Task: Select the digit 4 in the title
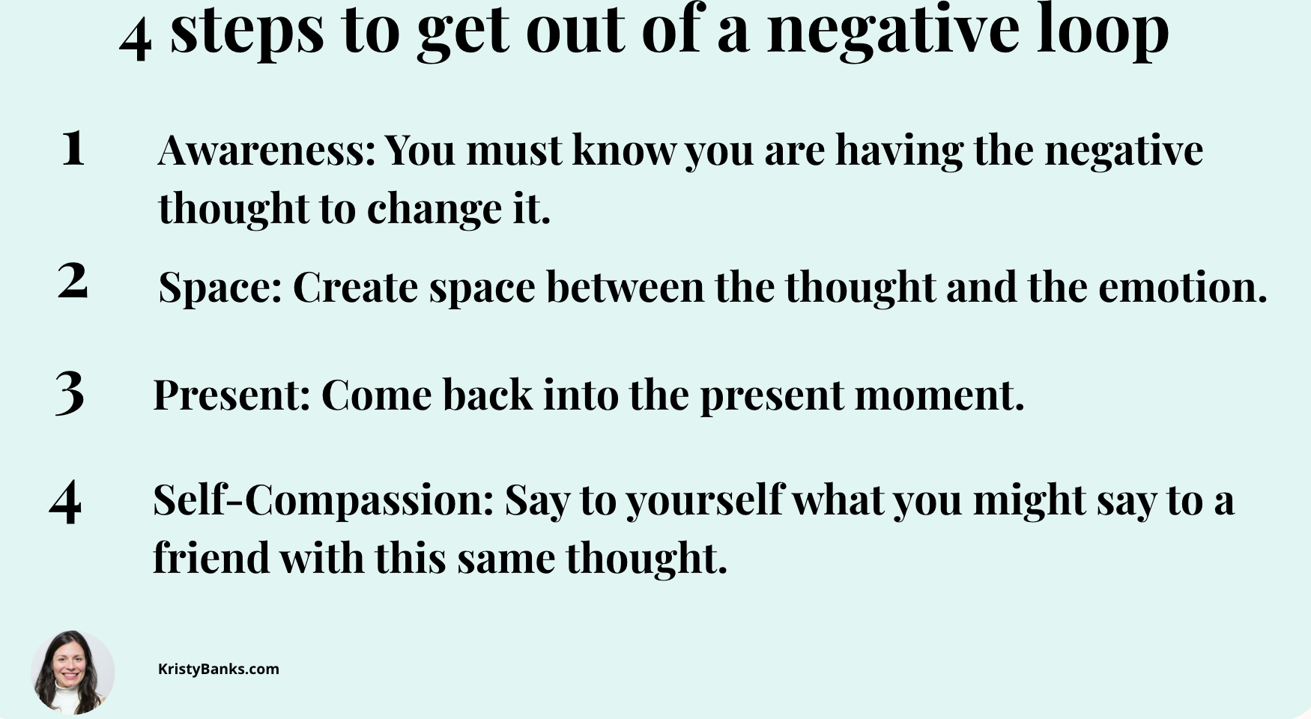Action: point(135,39)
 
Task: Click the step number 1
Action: point(73,148)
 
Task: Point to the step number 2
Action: point(73,281)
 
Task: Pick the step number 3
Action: point(70,392)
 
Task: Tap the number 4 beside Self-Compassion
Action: point(65,501)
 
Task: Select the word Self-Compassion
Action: point(323,500)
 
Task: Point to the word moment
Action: point(939,395)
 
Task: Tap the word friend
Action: point(211,558)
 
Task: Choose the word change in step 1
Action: point(435,209)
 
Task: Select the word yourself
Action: point(704,500)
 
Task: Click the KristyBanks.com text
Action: point(218,669)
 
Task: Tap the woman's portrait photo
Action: point(73,672)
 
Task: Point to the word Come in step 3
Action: point(376,395)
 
